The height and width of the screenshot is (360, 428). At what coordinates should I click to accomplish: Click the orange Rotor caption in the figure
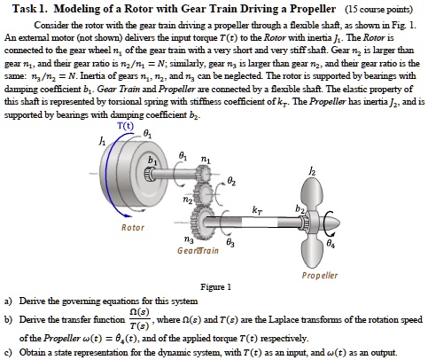(x=132, y=227)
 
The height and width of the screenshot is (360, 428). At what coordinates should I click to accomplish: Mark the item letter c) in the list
(x=9, y=350)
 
